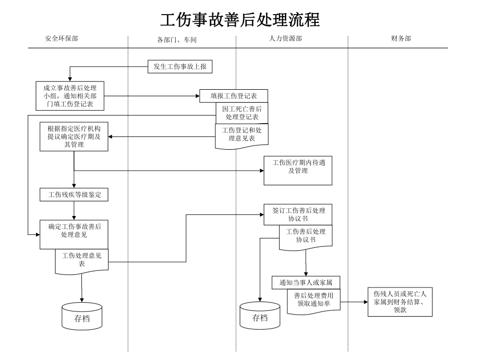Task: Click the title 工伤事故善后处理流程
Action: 240,20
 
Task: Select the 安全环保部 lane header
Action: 62,39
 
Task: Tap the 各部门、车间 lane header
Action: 177,40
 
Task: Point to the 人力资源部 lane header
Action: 285,39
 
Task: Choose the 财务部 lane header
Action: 401,39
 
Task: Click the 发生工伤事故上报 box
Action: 179,66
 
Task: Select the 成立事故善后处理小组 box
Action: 70,95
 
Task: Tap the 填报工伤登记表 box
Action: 234,95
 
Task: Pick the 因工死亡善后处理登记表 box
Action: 242,112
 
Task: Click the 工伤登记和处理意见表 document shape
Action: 242,134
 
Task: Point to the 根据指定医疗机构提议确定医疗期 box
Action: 74,137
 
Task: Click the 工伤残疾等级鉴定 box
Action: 74,195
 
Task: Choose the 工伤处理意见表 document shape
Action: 82,259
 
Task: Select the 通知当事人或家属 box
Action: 306,282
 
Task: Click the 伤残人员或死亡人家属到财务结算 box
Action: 400,302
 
